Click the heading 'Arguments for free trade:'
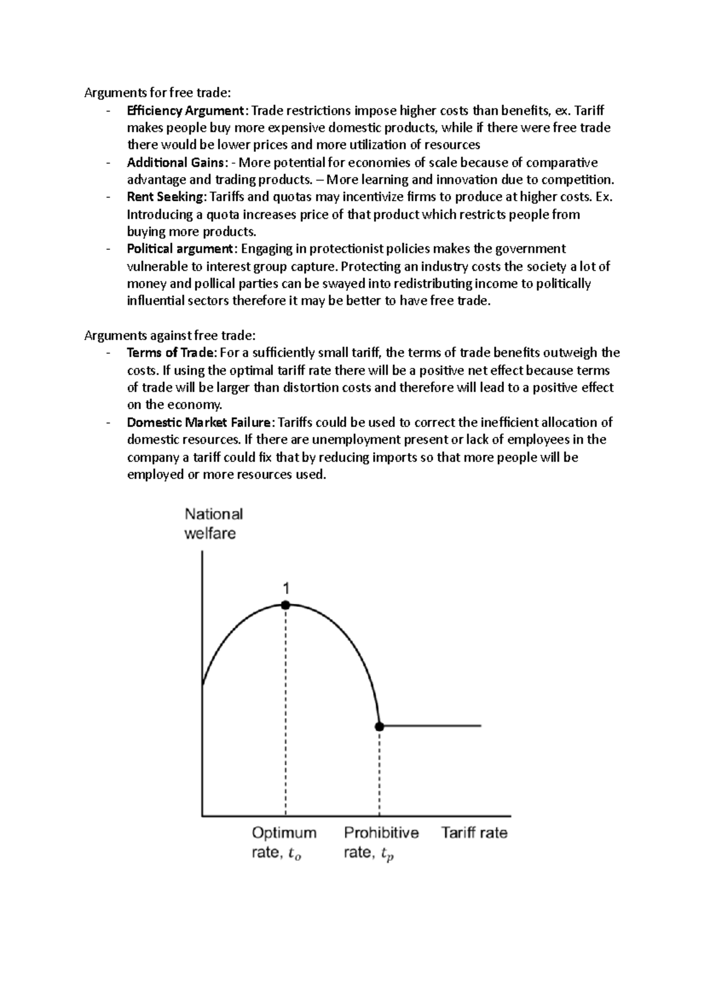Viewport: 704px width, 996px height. click(158, 92)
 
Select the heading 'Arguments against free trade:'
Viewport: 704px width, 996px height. click(170, 336)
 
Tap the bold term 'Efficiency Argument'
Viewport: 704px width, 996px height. click(185, 110)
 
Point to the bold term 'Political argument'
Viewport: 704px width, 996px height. click(180, 249)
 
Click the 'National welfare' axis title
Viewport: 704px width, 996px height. click(213, 524)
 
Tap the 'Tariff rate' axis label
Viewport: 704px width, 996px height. click(474, 833)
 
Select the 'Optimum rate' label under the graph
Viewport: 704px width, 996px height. click(284, 843)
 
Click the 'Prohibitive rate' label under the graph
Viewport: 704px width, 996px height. click(381, 843)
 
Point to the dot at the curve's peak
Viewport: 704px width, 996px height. click(286, 605)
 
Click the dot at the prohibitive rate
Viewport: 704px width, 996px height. click(380, 726)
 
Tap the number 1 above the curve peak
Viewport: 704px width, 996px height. click(286, 588)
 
